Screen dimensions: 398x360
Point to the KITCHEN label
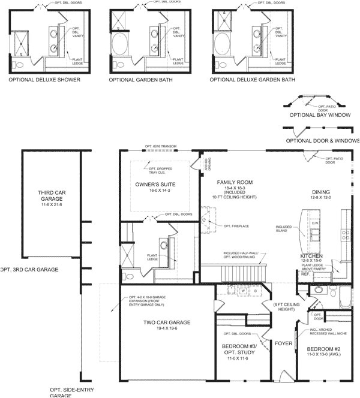click(311, 256)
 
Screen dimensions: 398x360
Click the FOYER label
click(283, 344)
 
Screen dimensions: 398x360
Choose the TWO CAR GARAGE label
click(167, 322)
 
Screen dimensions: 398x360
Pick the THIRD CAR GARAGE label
click(51, 197)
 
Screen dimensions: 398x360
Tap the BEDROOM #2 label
click(324, 348)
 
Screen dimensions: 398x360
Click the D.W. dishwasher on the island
click(315, 223)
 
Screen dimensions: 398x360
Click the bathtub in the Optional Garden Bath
click(119, 44)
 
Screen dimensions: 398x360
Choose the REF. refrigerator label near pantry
click(304, 280)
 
